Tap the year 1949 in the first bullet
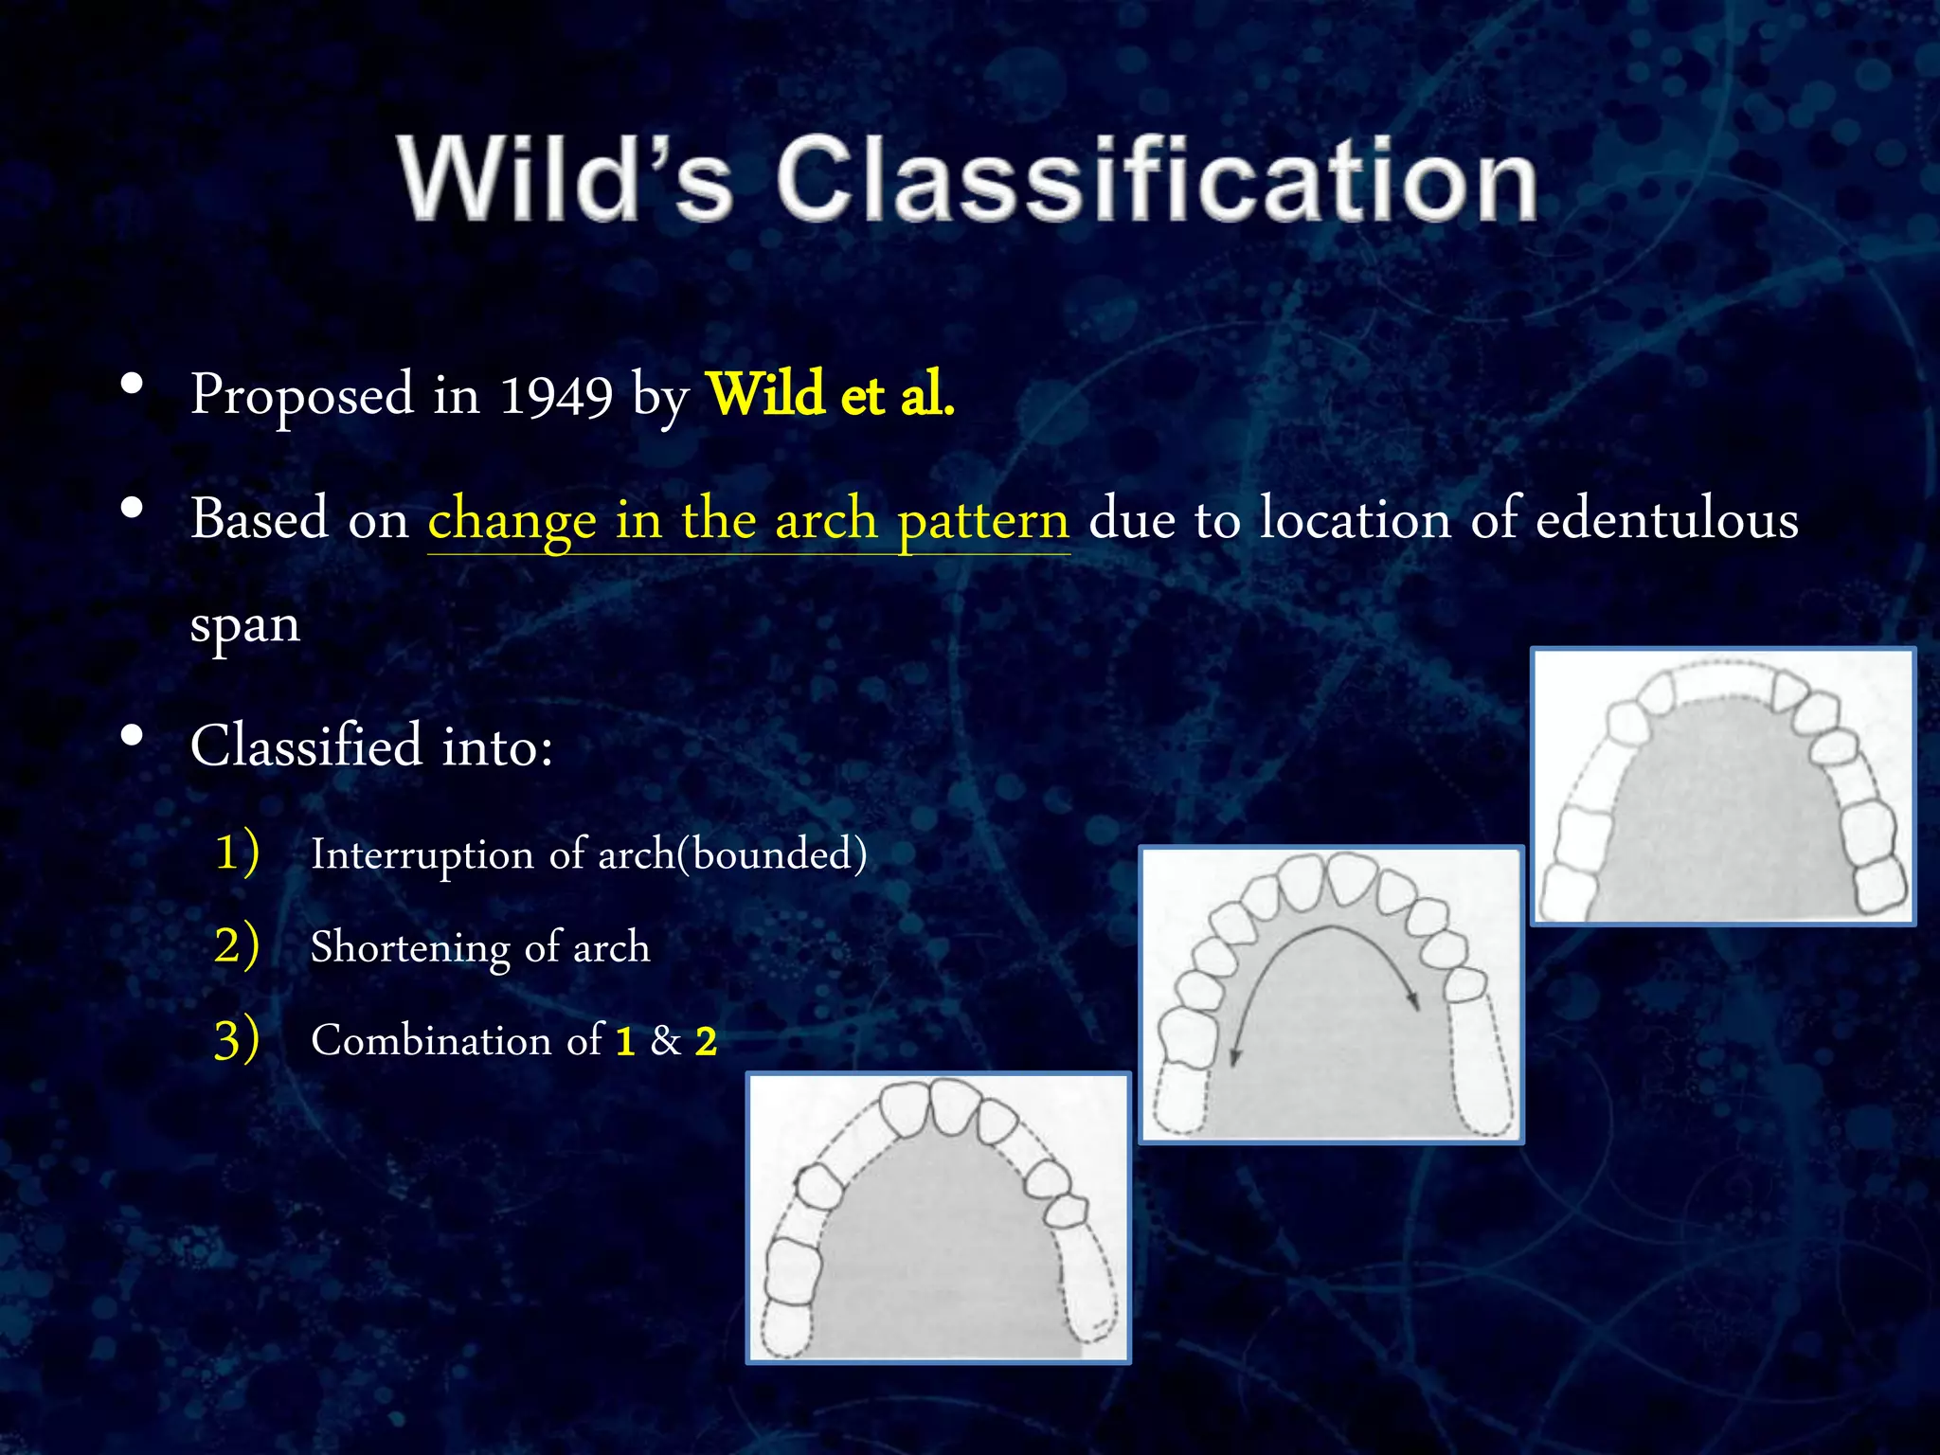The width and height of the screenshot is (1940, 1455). [x=556, y=396]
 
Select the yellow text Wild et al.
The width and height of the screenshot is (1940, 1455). [x=830, y=394]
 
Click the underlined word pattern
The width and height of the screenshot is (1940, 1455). [x=983, y=521]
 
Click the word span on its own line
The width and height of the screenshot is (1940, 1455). [x=245, y=625]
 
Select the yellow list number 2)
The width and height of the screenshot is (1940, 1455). [x=236, y=944]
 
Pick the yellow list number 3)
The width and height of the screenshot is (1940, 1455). [x=236, y=1039]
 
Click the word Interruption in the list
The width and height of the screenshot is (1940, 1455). [x=422, y=854]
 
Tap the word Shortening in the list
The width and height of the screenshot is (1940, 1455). [x=409, y=947]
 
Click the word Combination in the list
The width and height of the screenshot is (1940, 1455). [x=431, y=1040]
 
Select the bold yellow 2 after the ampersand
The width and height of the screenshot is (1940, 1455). [x=706, y=1042]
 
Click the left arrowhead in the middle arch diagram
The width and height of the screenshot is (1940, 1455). [x=1234, y=1058]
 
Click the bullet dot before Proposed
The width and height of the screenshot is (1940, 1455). [x=132, y=385]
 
